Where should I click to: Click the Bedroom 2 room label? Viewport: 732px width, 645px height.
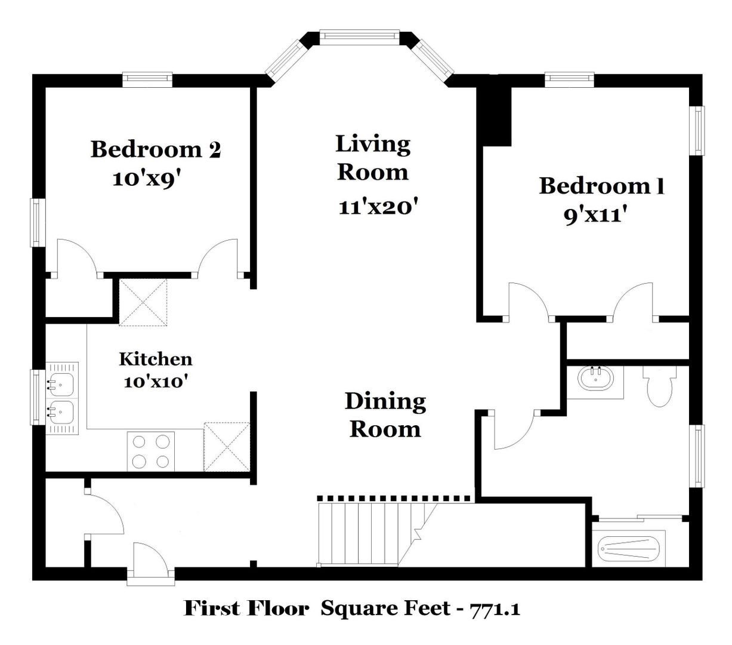click(155, 149)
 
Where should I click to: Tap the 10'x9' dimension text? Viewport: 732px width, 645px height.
click(146, 179)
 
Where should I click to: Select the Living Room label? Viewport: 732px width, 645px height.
click(373, 158)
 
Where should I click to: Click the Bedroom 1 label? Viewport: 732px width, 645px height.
click(601, 186)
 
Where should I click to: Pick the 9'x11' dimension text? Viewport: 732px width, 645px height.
click(595, 216)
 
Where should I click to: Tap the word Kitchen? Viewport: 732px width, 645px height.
click(156, 359)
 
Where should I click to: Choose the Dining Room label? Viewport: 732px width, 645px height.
click(385, 415)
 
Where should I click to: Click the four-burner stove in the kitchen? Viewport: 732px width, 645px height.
click(151, 451)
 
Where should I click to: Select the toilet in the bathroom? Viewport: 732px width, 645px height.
click(659, 386)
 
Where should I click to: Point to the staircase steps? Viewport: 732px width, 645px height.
click(376, 533)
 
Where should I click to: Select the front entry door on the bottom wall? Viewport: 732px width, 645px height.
click(151, 565)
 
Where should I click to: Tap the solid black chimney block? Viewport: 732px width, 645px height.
click(494, 116)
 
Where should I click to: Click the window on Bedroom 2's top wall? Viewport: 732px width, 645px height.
click(147, 80)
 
